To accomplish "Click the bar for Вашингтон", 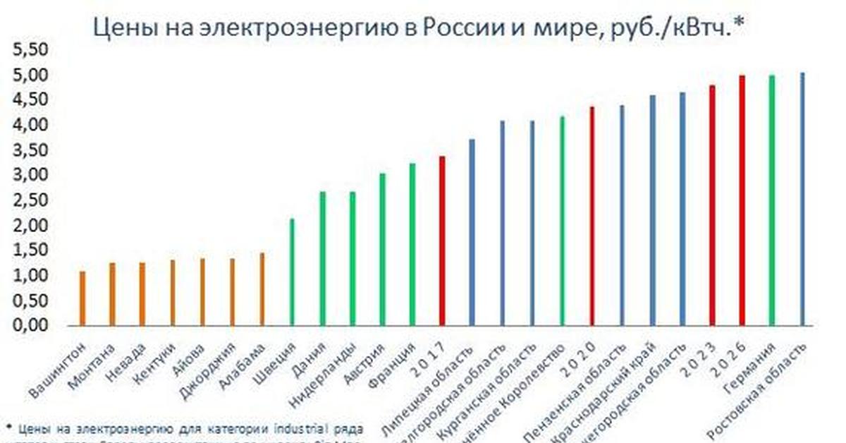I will click(82, 298).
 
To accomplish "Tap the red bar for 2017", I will click(442, 241).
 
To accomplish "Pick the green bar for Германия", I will click(771, 200).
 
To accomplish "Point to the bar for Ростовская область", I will click(802, 199).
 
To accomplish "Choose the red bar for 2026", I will click(742, 200).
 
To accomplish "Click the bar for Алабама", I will click(262, 289).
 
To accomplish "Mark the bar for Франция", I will click(412, 245).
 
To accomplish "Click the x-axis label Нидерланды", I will click(325, 373).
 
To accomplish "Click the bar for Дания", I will click(322, 258).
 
